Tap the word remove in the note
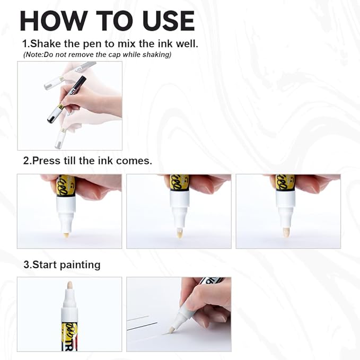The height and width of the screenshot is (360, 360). [81, 55]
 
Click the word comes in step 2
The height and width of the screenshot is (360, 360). [136, 161]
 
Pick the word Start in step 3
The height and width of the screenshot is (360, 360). [44, 264]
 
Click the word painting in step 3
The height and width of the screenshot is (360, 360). [80, 264]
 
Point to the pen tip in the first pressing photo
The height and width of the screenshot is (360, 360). [66, 232]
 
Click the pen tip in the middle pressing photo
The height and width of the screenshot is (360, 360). [179, 233]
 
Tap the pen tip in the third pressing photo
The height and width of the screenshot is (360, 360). [286, 232]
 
